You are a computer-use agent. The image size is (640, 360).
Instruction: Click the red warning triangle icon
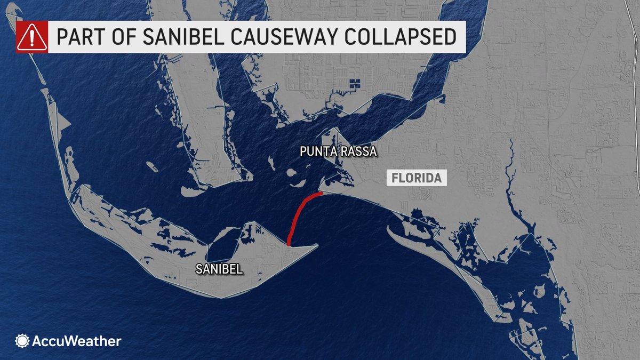coord(32,37)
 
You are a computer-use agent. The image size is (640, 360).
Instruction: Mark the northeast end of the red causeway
coord(320,194)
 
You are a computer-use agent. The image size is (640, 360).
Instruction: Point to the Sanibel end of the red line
coord(289,244)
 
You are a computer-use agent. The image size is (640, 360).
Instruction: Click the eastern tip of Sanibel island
coord(317,246)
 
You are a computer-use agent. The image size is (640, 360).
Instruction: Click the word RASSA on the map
coord(358,153)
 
